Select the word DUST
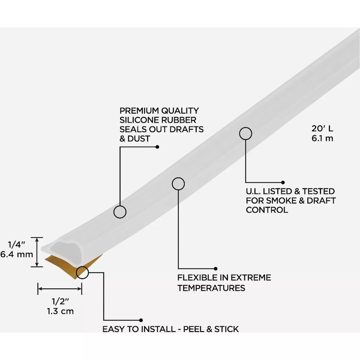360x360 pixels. (x=139, y=139)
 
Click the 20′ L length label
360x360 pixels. (x=322, y=129)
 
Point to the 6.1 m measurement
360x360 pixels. (x=322, y=138)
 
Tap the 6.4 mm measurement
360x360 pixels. (x=17, y=255)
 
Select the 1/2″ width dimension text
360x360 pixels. (x=60, y=301)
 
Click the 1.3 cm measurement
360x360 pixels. (x=60, y=311)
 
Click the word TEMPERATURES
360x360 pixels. (x=211, y=288)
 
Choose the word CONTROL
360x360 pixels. (x=267, y=210)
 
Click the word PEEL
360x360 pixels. (x=193, y=329)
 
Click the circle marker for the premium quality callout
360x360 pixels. (x=120, y=212)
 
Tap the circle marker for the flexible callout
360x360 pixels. (x=178, y=184)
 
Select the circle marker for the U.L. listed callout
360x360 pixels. (x=245, y=134)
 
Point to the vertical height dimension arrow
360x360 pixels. (x=37, y=252)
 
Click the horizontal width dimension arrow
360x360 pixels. (x=60, y=289)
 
